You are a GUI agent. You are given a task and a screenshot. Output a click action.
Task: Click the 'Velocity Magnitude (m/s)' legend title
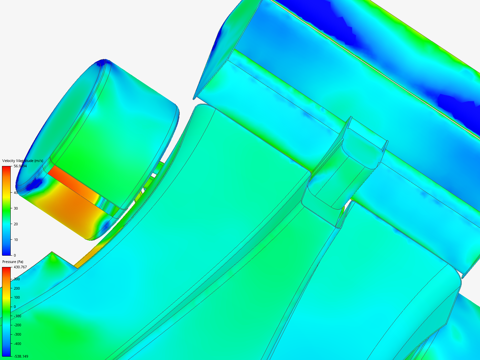pyautogui.click(x=22, y=161)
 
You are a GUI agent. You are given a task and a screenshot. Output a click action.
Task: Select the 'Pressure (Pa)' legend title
pyautogui.click(x=13, y=262)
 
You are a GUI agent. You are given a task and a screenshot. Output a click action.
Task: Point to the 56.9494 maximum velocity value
pyautogui.click(x=20, y=166)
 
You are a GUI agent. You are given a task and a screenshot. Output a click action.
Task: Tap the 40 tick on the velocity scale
pyautogui.click(x=16, y=193)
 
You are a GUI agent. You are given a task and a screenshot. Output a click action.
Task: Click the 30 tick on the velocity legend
pyautogui.click(x=16, y=208)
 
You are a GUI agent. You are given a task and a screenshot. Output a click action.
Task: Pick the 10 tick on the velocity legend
pyautogui.click(x=16, y=240)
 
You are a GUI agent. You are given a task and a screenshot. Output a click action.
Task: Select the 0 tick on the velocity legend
pyautogui.click(x=15, y=255)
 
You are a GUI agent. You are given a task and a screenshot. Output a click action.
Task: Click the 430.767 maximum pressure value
pyautogui.click(x=20, y=267)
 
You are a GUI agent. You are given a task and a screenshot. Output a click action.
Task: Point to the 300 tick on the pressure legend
pyautogui.click(x=17, y=279)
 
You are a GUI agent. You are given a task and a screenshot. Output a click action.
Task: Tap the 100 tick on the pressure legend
pyautogui.click(x=17, y=297)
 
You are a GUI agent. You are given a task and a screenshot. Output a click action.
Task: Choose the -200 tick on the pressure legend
pyautogui.click(x=17, y=325)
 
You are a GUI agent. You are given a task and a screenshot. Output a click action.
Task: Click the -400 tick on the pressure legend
pyautogui.click(x=17, y=344)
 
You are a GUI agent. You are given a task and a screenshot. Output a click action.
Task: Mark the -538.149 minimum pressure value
pyautogui.click(x=21, y=356)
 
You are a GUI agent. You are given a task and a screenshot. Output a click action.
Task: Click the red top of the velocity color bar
pyautogui.click(x=6, y=169)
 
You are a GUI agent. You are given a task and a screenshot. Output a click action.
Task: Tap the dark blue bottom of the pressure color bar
pyautogui.click(x=6, y=354)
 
